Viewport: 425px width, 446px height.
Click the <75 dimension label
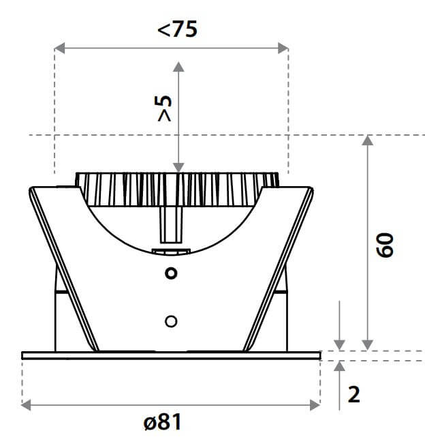pos(178,29)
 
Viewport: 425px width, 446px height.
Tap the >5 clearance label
pos(165,108)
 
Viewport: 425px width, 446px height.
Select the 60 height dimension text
pos(385,245)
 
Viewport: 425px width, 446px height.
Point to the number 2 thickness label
pos(354,395)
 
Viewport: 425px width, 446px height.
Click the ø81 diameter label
pos(162,422)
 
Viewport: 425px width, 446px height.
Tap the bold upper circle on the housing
pos(171,273)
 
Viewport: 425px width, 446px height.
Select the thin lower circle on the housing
pos(171,322)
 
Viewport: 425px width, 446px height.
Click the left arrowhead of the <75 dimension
pos(59,48)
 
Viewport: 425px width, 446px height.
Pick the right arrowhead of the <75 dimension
pos(283,48)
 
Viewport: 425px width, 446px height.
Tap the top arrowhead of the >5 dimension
pos(178,67)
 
